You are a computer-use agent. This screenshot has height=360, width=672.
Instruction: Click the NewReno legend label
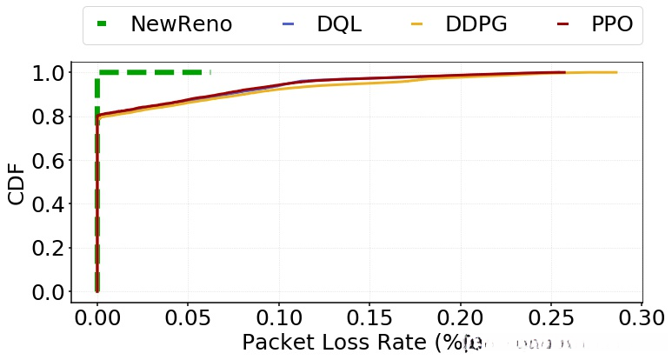(181, 24)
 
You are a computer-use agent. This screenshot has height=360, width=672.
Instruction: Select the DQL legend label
(339, 24)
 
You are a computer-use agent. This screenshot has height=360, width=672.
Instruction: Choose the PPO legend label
(612, 24)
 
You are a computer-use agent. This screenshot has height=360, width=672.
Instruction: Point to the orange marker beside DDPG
(416, 24)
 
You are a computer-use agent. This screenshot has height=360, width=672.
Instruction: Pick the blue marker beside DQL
(289, 24)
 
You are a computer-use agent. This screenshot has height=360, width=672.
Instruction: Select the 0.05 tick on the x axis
(187, 316)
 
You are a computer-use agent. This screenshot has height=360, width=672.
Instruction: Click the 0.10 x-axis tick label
(278, 316)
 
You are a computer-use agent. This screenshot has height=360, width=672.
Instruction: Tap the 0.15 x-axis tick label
(369, 316)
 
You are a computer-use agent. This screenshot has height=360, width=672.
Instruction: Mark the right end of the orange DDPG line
(616, 72)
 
